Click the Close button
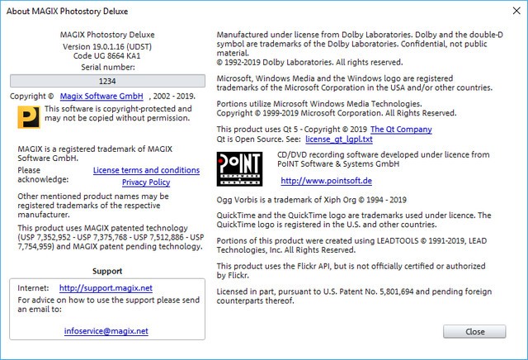(x=474, y=331)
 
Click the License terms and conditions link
(x=146, y=170)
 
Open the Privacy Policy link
(x=146, y=182)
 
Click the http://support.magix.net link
(x=94, y=287)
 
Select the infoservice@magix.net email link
(x=106, y=330)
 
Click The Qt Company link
(x=401, y=130)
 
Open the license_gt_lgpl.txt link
(x=338, y=140)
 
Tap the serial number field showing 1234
(x=107, y=81)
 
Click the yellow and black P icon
(x=28, y=117)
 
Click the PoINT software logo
(x=239, y=170)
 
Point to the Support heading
(x=107, y=271)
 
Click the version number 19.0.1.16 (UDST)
(x=107, y=46)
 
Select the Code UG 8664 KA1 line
(x=107, y=56)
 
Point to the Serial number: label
(x=107, y=66)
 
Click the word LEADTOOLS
(x=392, y=239)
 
